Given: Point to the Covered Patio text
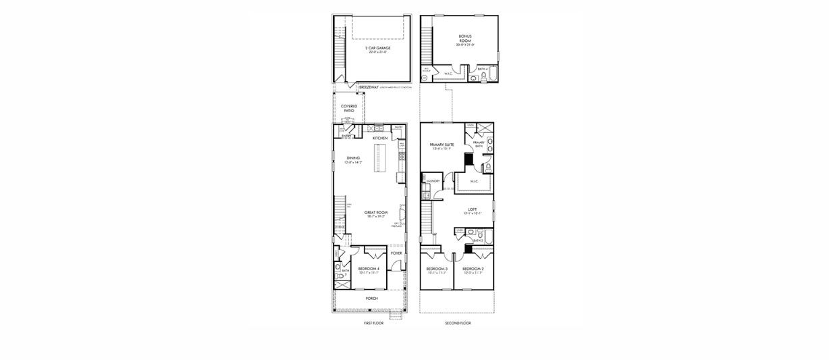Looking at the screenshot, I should click(x=349, y=107).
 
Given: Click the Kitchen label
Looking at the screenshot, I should click(x=380, y=138).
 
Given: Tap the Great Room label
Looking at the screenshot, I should click(x=375, y=214).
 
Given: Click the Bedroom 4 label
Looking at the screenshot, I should click(x=368, y=269).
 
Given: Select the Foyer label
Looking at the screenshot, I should click(x=396, y=253).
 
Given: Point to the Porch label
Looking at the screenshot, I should click(x=371, y=298).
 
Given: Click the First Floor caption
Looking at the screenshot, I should click(x=373, y=324).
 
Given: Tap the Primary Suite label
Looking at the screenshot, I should click(x=442, y=145).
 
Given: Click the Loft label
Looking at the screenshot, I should click(x=473, y=210).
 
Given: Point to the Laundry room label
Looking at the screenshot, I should click(x=431, y=181).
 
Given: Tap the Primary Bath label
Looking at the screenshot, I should click(x=479, y=143).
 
